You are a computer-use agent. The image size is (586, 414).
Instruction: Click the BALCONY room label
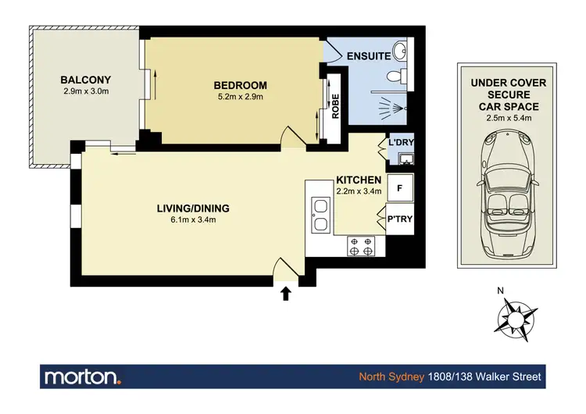click(86, 80)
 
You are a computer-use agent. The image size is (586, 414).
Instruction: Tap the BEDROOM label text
click(241, 85)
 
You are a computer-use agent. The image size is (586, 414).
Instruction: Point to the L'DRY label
click(400, 143)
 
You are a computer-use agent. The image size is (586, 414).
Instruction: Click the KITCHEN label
click(359, 180)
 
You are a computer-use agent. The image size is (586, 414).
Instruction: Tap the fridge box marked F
click(400, 188)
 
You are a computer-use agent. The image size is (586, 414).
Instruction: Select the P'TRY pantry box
click(400, 219)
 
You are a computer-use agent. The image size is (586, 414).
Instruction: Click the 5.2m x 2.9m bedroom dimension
click(241, 97)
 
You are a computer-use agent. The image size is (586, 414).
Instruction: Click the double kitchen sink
click(320, 216)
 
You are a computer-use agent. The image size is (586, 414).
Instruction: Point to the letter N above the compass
click(501, 291)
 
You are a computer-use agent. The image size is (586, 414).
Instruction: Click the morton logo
click(83, 377)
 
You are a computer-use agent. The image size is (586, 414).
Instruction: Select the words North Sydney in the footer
click(391, 377)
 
